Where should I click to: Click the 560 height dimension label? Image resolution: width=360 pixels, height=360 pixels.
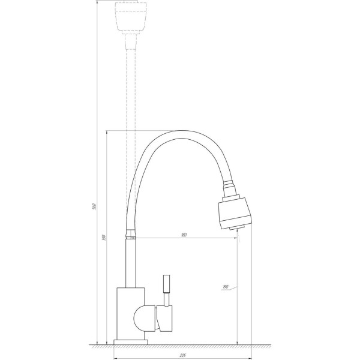[95, 206]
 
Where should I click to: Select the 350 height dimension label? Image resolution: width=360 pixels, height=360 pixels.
[104, 238]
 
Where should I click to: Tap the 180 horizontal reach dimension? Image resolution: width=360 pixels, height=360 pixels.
[184, 235]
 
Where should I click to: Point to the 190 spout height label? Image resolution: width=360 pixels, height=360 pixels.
[226, 287]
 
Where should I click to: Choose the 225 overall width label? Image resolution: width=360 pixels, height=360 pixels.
[182, 355]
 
